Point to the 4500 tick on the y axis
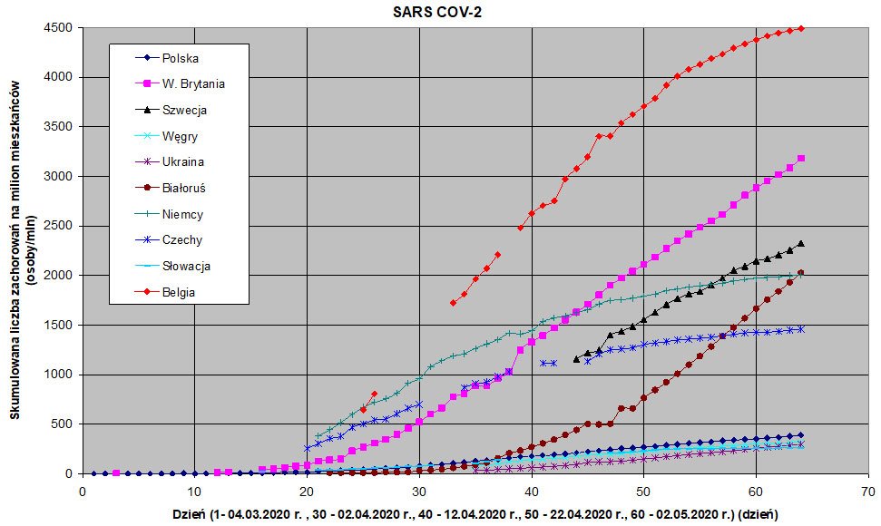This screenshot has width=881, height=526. click(x=59, y=28)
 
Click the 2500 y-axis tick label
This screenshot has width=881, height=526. click(x=59, y=226)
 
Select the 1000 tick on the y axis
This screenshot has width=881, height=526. click(x=59, y=375)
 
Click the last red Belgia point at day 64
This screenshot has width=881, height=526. click(x=800, y=28)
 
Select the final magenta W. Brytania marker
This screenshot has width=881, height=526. click(x=800, y=159)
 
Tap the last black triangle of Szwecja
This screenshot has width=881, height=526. click(x=800, y=243)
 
